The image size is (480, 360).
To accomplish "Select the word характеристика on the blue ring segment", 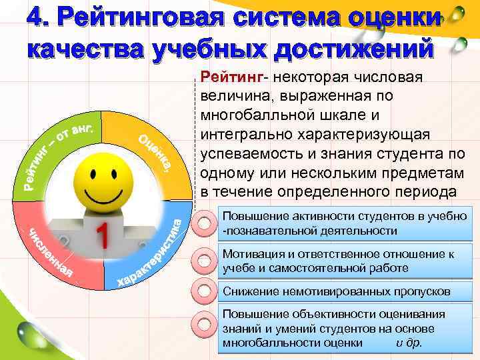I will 150,257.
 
